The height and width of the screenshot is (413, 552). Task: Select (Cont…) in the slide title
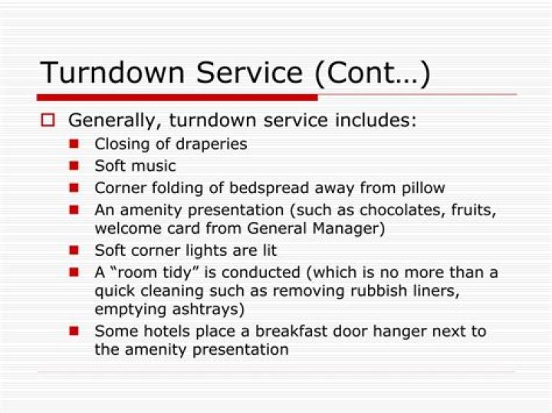[x=371, y=73]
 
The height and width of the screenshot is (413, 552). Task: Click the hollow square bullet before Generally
[x=48, y=120]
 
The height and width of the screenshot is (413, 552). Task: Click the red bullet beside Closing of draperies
[x=74, y=143]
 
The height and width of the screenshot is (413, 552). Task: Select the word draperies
[x=212, y=144]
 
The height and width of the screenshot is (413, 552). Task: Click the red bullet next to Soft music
[x=74, y=166]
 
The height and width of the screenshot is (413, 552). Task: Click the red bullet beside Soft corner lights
[x=74, y=251]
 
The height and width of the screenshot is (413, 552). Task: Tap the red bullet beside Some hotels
[x=74, y=332]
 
